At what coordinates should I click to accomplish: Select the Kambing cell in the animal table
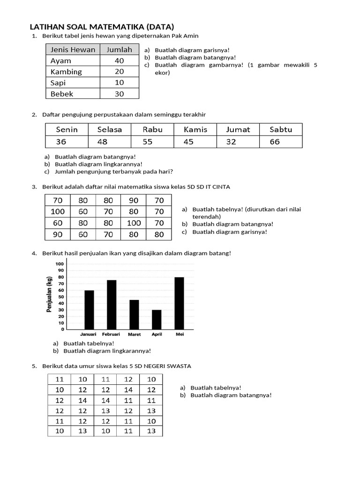(x=66, y=72)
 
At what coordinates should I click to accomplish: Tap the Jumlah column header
(x=119, y=49)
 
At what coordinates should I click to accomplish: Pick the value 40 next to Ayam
(x=119, y=60)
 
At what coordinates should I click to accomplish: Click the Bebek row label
(x=62, y=94)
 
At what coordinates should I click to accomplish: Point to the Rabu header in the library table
(x=152, y=129)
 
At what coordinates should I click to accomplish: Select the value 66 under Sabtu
(x=275, y=142)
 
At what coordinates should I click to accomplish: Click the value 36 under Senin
(x=61, y=142)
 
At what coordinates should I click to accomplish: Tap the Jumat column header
(x=238, y=129)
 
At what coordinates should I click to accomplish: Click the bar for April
(x=157, y=319)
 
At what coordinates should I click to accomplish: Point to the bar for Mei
(x=179, y=303)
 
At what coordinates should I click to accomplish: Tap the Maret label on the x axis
(x=134, y=335)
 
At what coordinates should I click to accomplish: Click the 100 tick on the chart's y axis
(x=59, y=264)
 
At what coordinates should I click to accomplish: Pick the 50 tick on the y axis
(x=60, y=297)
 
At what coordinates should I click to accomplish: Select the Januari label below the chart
(x=88, y=335)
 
